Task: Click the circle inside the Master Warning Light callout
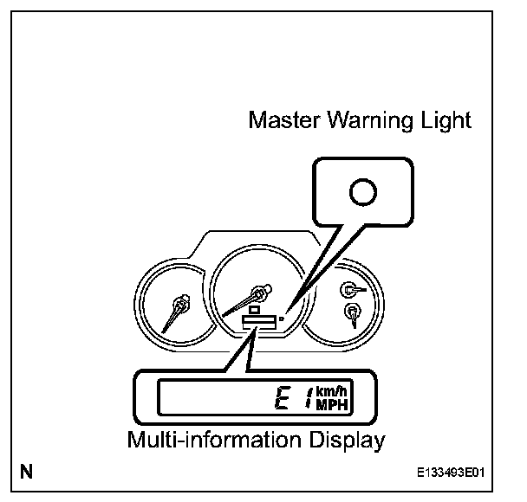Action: pyautogui.click(x=365, y=192)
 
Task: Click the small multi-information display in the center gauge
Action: pyautogui.click(x=259, y=321)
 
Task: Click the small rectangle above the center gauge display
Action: pyautogui.click(x=255, y=308)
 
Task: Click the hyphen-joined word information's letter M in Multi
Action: pyautogui.click(x=137, y=441)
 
